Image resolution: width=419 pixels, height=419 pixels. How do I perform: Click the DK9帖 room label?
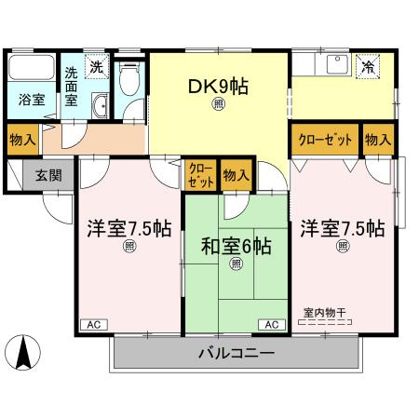click(218, 87)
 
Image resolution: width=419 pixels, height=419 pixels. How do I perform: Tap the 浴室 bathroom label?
click(32, 100)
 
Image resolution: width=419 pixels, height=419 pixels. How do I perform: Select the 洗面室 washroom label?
click(71, 87)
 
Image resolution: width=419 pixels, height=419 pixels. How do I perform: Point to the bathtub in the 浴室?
click(32, 67)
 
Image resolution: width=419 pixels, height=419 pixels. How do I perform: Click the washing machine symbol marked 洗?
click(97, 67)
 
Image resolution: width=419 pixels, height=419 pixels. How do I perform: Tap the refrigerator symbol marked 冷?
click(368, 67)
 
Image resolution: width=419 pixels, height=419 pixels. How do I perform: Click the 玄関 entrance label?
click(48, 176)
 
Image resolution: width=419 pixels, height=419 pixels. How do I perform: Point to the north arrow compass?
click(23, 352)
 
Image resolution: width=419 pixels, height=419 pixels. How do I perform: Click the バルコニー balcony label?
click(237, 353)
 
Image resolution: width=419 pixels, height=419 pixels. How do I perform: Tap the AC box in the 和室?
click(272, 325)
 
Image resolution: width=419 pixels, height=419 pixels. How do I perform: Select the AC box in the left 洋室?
click(94, 325)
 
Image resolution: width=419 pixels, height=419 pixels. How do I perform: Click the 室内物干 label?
click(325, 313)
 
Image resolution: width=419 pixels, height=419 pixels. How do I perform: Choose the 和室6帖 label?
click(236, 247)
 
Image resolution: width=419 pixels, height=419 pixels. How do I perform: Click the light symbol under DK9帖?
click(219, 104)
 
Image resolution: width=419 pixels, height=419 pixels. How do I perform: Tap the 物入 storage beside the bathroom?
click(22, 140)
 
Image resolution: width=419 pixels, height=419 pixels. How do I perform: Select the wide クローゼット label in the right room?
click(325, 140)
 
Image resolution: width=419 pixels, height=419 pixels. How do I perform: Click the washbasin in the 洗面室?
click(100, 106)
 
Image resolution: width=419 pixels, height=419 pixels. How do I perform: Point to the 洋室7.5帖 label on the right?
click(343, 229)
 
